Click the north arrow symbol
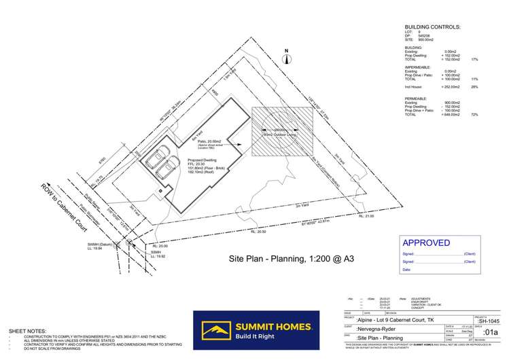[x=287, y=58]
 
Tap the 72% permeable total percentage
[x=474, y=115]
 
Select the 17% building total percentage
[x=474, y=60]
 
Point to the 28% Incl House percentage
[x=474, y=87]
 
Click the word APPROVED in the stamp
[x=426, y=242]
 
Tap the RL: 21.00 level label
[x=366, y=216]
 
